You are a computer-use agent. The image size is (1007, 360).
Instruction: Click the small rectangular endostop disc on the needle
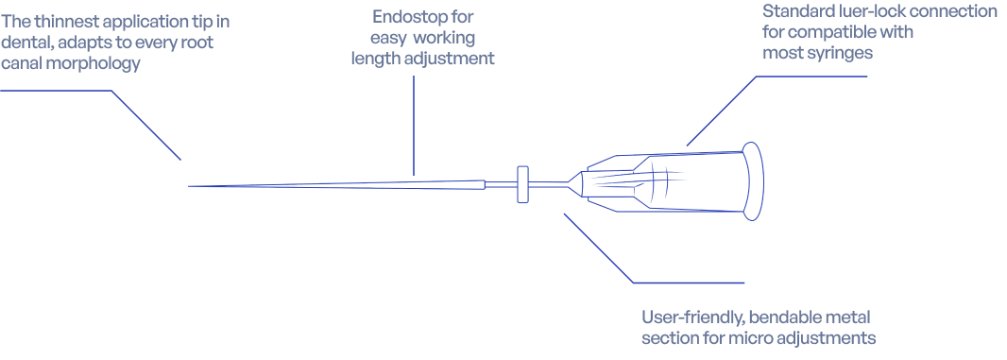pos(522,184)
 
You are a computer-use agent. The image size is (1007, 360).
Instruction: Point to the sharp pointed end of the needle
pos(188,186)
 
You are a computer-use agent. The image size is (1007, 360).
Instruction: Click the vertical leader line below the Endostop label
pos(414,126)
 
